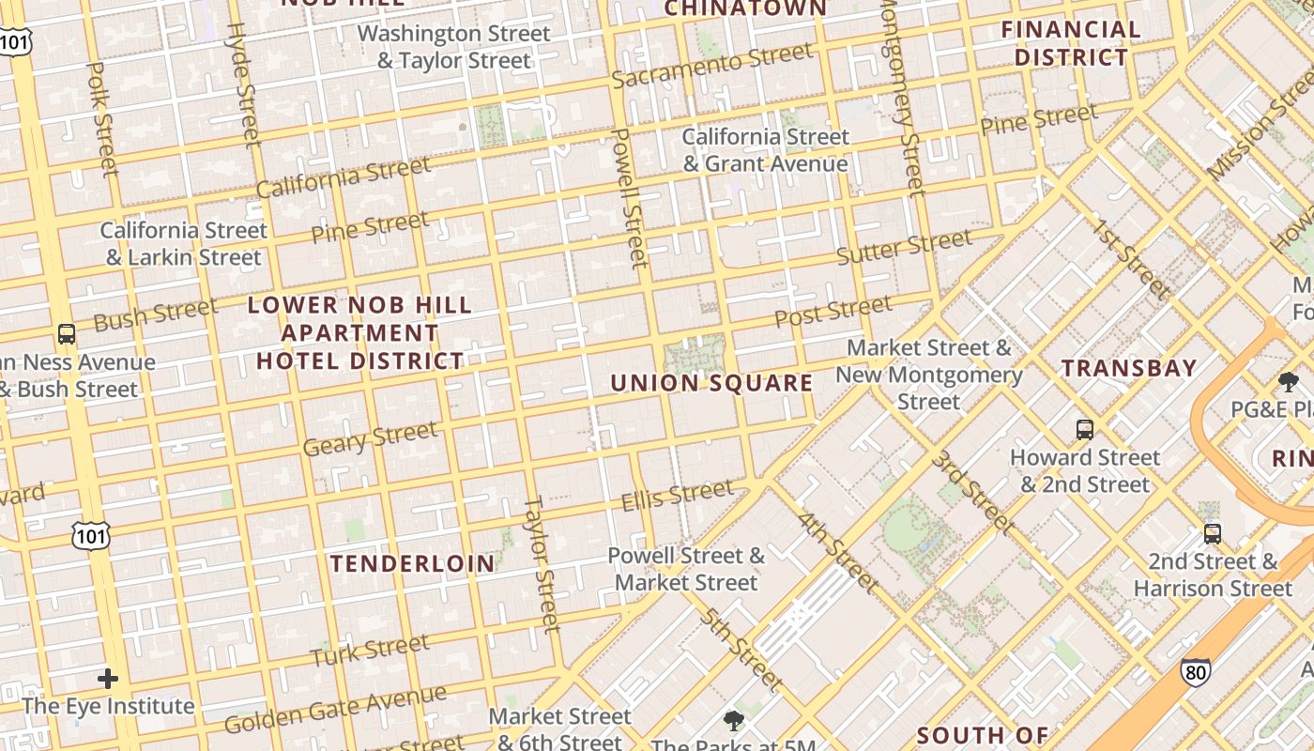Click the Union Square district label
click(711, 383)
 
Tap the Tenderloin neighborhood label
click(413, 563)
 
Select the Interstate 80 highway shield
click(1195, 671)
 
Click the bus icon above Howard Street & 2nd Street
click(1085, 430)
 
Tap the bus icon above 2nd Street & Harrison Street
click(1213, 534)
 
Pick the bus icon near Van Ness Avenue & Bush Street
click(67, 333)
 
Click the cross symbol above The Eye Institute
click(108, 678)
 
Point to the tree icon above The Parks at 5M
click(733, 721)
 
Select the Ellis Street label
click(677, 495)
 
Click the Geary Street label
click(370, 438)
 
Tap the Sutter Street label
click(904, 248)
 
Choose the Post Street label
click(833, 311)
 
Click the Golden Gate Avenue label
click(335, 710)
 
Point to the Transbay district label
click(1129, 368)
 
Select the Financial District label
click(1071, 43)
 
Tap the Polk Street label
click(102, 118)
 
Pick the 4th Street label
click(838, 553)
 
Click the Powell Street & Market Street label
click(686, 569)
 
